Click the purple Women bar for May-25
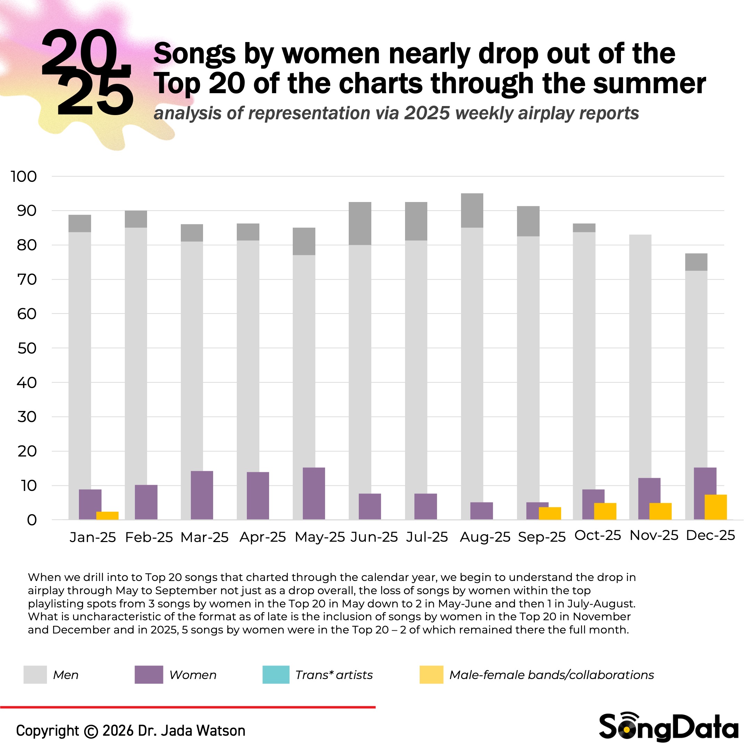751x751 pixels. pyautogui.click(x=314, y=493)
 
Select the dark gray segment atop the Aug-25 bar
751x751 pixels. pyautogui.click(x=472, y=210)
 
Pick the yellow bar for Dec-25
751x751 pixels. pyautogui.click(x=716, y=507)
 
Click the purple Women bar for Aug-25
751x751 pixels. pyautogui.click(x=482, y=511)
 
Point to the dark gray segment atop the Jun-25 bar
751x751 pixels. pyautogui.click(x=360, y=224)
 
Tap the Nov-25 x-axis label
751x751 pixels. pyautogui.click(x=654, y=536)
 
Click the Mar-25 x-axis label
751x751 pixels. pyautogui.click(x=204, y=537)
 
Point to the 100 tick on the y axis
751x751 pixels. pyautogui.click(x=24, y=177)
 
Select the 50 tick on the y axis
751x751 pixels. pyautogui.click(x=27, y=348)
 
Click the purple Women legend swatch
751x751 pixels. pyautogui.click(x=149, y=675)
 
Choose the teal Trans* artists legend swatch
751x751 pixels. pyautogui.click(x=276, y=675)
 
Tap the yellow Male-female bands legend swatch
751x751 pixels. pyautogui.click(x=431, y=675)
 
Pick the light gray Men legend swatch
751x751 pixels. pyautogui.click(x=35, y=675)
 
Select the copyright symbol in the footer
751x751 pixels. pyautogui.click(x=91, y=731)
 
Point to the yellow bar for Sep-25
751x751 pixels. pyautogui.click(x=550, y=513)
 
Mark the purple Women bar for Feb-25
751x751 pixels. pyautogui.click(x=146, y=502)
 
